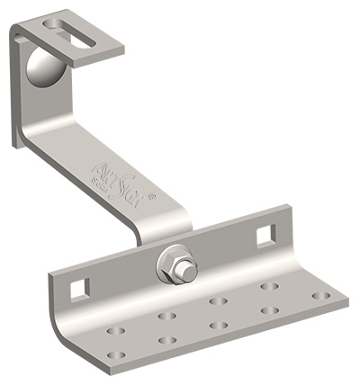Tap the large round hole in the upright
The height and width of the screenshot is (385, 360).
pos(41,67)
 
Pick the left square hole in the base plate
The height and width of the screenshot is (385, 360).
pos(80,289)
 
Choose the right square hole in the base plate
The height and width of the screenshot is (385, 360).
pos(265,236)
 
